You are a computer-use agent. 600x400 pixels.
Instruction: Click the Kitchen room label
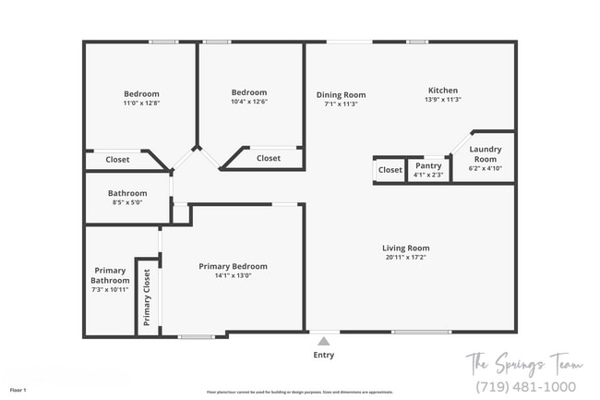pyautogui.click(x=442, y=90)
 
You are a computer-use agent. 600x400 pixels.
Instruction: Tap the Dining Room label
pyautogui.click(x=341, y=94)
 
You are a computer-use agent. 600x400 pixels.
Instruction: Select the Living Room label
pyautogui.click(x=406, y=248)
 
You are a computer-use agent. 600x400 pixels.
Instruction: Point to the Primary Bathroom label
pyautogui.click(x=110, y=274)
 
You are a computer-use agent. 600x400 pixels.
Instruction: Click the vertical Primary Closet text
pyautogui.click(x=147, y=298)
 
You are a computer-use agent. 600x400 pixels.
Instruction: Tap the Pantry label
pyautogui.click(x=428, y=166)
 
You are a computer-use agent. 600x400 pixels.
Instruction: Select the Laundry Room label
pyautogui.click(x=486, y=153)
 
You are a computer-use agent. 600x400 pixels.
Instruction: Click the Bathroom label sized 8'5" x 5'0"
pyautogui.click(x=128, y=193)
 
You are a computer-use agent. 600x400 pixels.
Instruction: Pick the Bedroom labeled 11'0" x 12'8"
pyautogui.click(x=141, y=93)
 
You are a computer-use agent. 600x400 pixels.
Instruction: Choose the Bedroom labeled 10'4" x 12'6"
pyautogui.click(x=249, y=92)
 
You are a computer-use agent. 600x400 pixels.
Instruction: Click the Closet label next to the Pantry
pyautogui.click(x=390, y=170)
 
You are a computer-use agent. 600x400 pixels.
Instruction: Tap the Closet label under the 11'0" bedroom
pyautogui.click(x=117, y=160)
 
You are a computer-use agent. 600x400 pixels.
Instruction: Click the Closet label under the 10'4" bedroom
pyautogui.click(x=269, y=158)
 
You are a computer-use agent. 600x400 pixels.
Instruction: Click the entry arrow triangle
pyautogui.click(x=323, y=339)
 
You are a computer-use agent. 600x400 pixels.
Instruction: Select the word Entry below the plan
pyautogui.click(x=324, y=355)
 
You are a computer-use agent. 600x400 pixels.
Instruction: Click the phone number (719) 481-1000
pyautogui.click(x=524, y=386)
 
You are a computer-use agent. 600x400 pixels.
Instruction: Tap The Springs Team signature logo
pyautogui.click(x=522, y=362)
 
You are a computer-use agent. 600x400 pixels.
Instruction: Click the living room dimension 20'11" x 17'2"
pyautogui.click(x=406, y=258)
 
